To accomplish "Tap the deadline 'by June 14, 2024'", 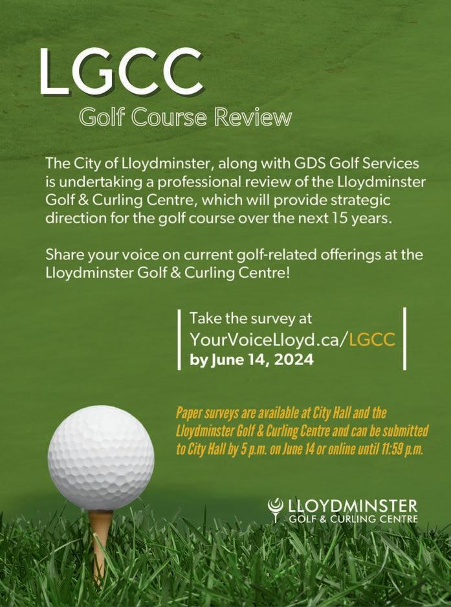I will click(x=252, y=360).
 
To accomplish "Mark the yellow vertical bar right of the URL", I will click(x=405, y=338).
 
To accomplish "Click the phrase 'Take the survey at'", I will click(x=250, y=318).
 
